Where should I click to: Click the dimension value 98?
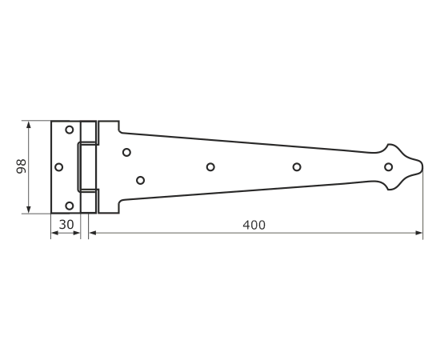[22, 166]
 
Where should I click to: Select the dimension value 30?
[66, 225]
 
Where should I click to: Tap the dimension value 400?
[254, 225]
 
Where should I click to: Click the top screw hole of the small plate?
[70, 130]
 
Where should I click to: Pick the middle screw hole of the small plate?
[58, 167]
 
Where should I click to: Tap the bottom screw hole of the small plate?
[70, 206]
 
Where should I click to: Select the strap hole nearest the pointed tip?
[388, 167]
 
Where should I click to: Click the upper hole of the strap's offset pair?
[126, 152]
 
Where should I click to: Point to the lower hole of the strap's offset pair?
[140, 180]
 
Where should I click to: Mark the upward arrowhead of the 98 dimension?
[28, 125]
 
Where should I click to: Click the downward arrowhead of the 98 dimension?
[28, 210]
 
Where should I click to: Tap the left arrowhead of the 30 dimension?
[54, 233]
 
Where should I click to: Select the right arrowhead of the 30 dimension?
[77, 233]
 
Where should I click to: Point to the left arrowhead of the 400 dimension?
[93, 233]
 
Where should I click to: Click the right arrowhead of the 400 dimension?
[419, 233]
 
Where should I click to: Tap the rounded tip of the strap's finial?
[422, 167]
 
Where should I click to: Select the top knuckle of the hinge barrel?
[88, 132]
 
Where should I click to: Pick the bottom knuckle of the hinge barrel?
[88, 201]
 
